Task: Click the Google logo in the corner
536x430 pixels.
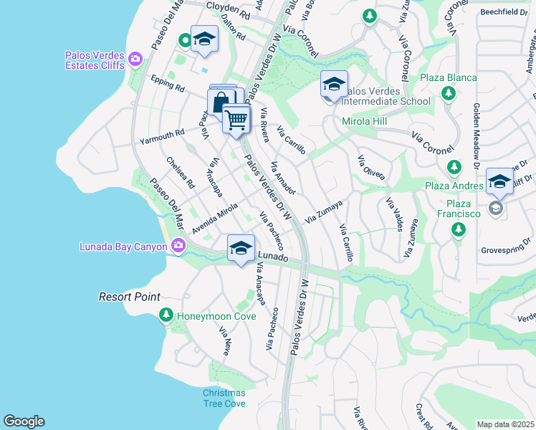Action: click(x=24, y=421)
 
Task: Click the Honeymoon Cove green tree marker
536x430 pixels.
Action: click(x=166, y=315)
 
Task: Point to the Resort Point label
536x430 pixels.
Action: click(x=129, y=297)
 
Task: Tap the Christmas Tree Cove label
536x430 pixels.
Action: click(x=224, y=398)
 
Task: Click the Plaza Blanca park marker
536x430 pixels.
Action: click(x=448, y=93)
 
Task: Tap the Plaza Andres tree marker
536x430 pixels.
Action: click(x=453, y=167)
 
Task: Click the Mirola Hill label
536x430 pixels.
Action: click(x=364, y=122)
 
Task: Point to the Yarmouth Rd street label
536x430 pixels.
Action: click(x=162, y=132)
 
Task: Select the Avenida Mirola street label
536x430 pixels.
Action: click(x=214, y=218)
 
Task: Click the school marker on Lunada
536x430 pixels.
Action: click(x=241, y=249)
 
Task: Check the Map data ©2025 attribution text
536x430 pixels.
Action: click(x=505, y=424)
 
